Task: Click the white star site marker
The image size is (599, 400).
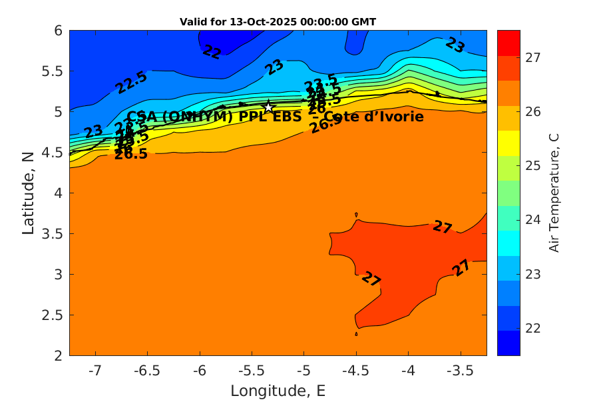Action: click(x=268, y=107)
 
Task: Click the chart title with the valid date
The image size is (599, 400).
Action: click(x=278, y=21)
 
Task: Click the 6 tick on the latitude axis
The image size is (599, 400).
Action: click(x=58, y=31)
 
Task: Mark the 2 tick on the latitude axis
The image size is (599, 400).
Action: click(x=58, y=355)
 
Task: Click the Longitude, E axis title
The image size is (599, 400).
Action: click(x=278, y=391)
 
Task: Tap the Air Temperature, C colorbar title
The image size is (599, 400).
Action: click(x=553, y=192)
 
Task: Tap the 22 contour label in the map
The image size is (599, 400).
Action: click(x=212, y=52)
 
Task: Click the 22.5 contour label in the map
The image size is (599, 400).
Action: click(x=131, y=82)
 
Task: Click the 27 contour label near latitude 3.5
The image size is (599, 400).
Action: click(x=443, y=227)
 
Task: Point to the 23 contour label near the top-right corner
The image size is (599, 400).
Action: click(x=455, y=45)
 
